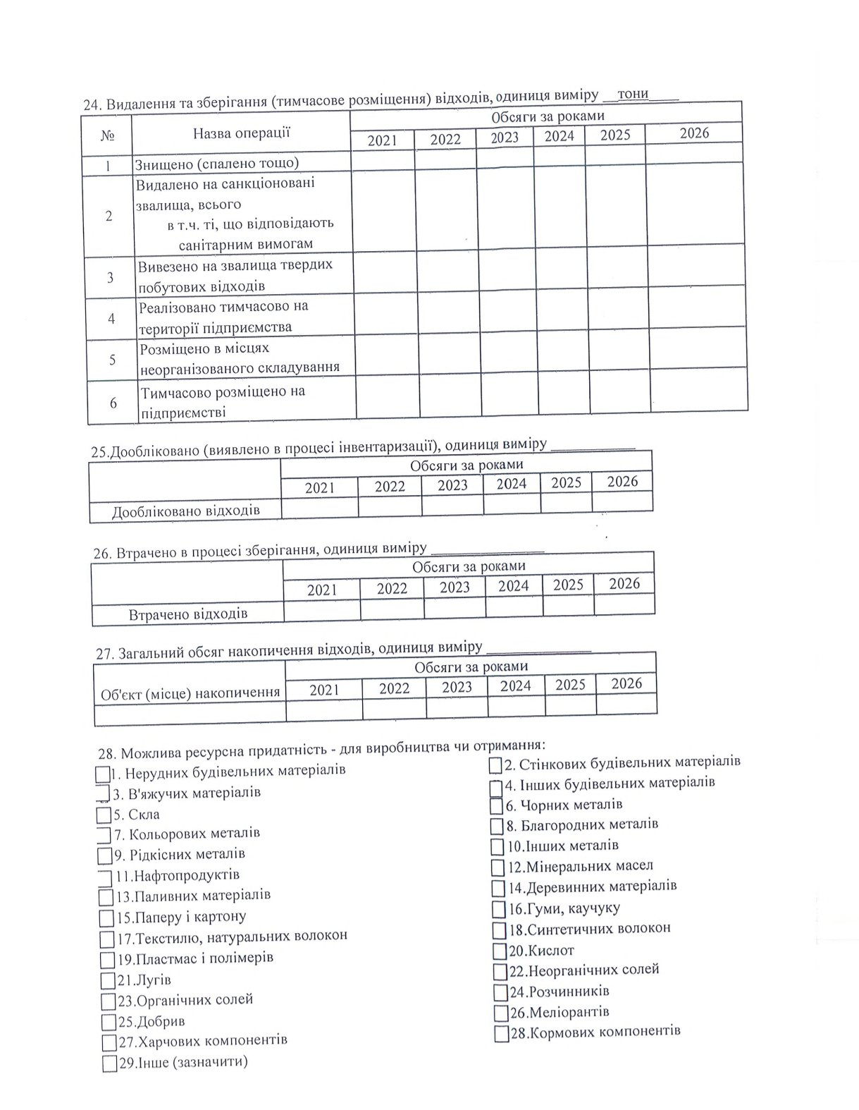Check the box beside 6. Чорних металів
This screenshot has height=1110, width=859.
497,805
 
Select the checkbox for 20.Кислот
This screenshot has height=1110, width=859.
500,951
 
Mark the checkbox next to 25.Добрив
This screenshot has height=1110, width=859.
109,1022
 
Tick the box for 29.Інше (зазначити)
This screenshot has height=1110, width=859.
109,1063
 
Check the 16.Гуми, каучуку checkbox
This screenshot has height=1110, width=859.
499,909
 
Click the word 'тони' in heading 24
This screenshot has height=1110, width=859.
632,94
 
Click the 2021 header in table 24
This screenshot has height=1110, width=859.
383,140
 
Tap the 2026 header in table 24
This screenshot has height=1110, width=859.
694,133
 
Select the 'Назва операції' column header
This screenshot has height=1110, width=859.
242,133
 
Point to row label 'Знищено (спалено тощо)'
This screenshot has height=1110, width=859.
218,164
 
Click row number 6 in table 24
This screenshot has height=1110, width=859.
113,403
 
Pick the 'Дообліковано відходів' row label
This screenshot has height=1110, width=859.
186,510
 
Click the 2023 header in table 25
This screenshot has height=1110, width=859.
452,485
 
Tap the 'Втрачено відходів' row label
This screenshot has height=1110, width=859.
188,614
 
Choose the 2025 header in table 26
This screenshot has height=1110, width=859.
568,585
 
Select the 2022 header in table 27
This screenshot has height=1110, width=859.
394,688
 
